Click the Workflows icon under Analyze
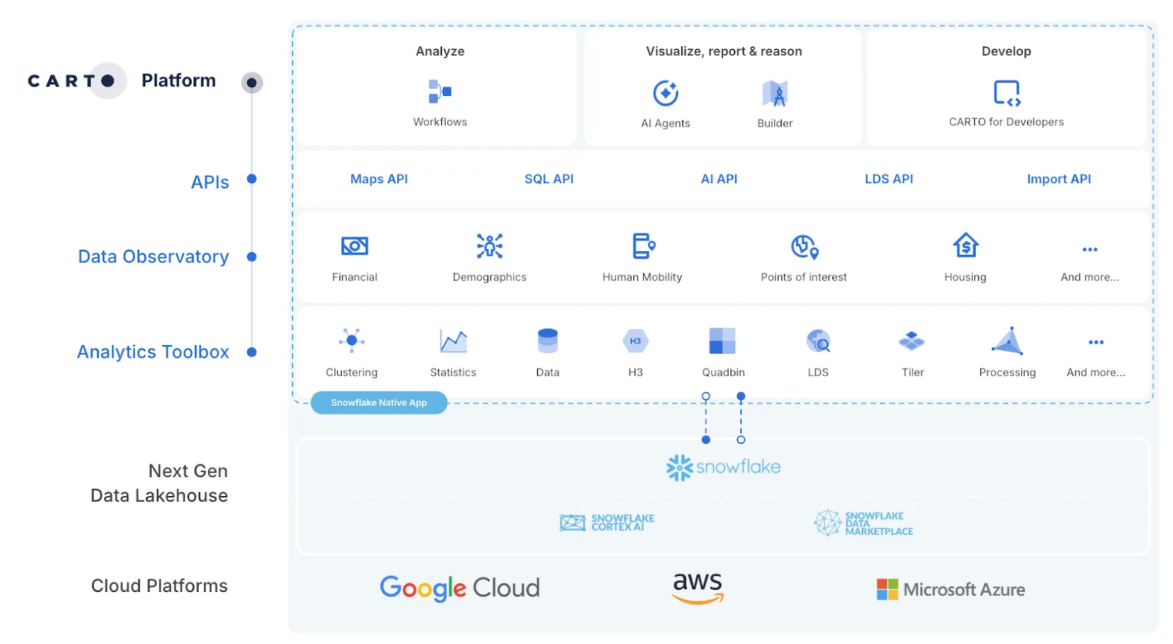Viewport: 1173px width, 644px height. (440, 92)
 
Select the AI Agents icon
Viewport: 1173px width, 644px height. (666, 94)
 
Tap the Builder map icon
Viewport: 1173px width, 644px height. (775, 94)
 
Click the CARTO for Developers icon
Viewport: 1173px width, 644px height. (1007, 93)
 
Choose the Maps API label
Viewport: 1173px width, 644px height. (379, 179)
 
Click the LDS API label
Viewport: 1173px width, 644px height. (889, 179)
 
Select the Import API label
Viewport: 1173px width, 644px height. (1059, 179)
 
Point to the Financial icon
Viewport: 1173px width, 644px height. (355, 246)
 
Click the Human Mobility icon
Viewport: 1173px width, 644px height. (643, 246)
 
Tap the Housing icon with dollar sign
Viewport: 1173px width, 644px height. (966, 245)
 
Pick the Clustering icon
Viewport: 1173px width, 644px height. (352, 341)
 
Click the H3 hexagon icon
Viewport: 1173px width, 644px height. (636, 341)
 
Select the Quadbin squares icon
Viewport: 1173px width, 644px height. (723, 341)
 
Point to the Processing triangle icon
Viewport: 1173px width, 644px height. (1007, 341)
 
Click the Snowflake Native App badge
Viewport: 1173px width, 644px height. (379, 403)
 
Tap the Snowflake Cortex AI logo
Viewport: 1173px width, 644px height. (607, 522)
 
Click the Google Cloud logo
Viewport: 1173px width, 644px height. (460, 588)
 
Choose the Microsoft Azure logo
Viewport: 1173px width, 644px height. (951, 589)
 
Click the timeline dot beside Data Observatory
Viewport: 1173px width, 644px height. (251, 257)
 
